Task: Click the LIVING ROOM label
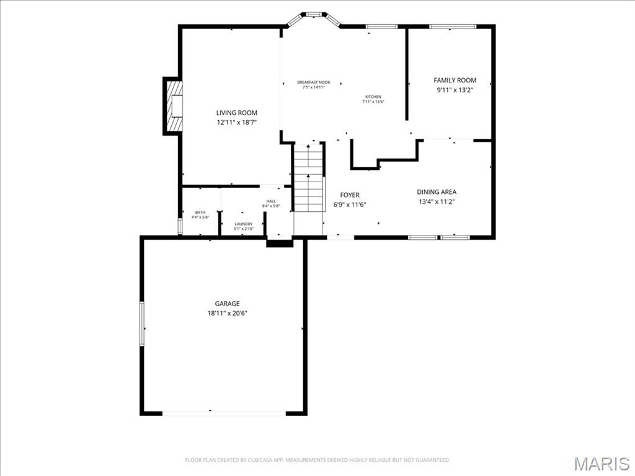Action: click(x=236, y=113)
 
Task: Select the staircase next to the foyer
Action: click(x=308, y=178)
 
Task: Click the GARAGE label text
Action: click(x=227, y=304)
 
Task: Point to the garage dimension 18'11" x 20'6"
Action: click(x=227, y=314)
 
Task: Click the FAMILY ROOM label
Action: click(x=455, y=80)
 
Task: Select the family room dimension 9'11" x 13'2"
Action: click(x=455, y=90)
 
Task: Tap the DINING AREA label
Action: click(x=437, y=192)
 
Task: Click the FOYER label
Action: click(x=349, y=195)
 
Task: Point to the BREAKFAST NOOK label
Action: click(x=313, y=82)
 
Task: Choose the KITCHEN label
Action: click(x=373, y=97)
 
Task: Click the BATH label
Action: click(x=200, y=212)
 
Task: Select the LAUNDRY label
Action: click(x=243, y=224)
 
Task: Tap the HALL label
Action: click(x=271, y=201)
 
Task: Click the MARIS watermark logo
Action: click(x=601, y=464)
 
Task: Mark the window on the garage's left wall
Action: click(x=142, y=324)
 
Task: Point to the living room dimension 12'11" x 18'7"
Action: click(x=236, y=123)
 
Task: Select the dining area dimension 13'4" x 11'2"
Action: click(x=437, y=201)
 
